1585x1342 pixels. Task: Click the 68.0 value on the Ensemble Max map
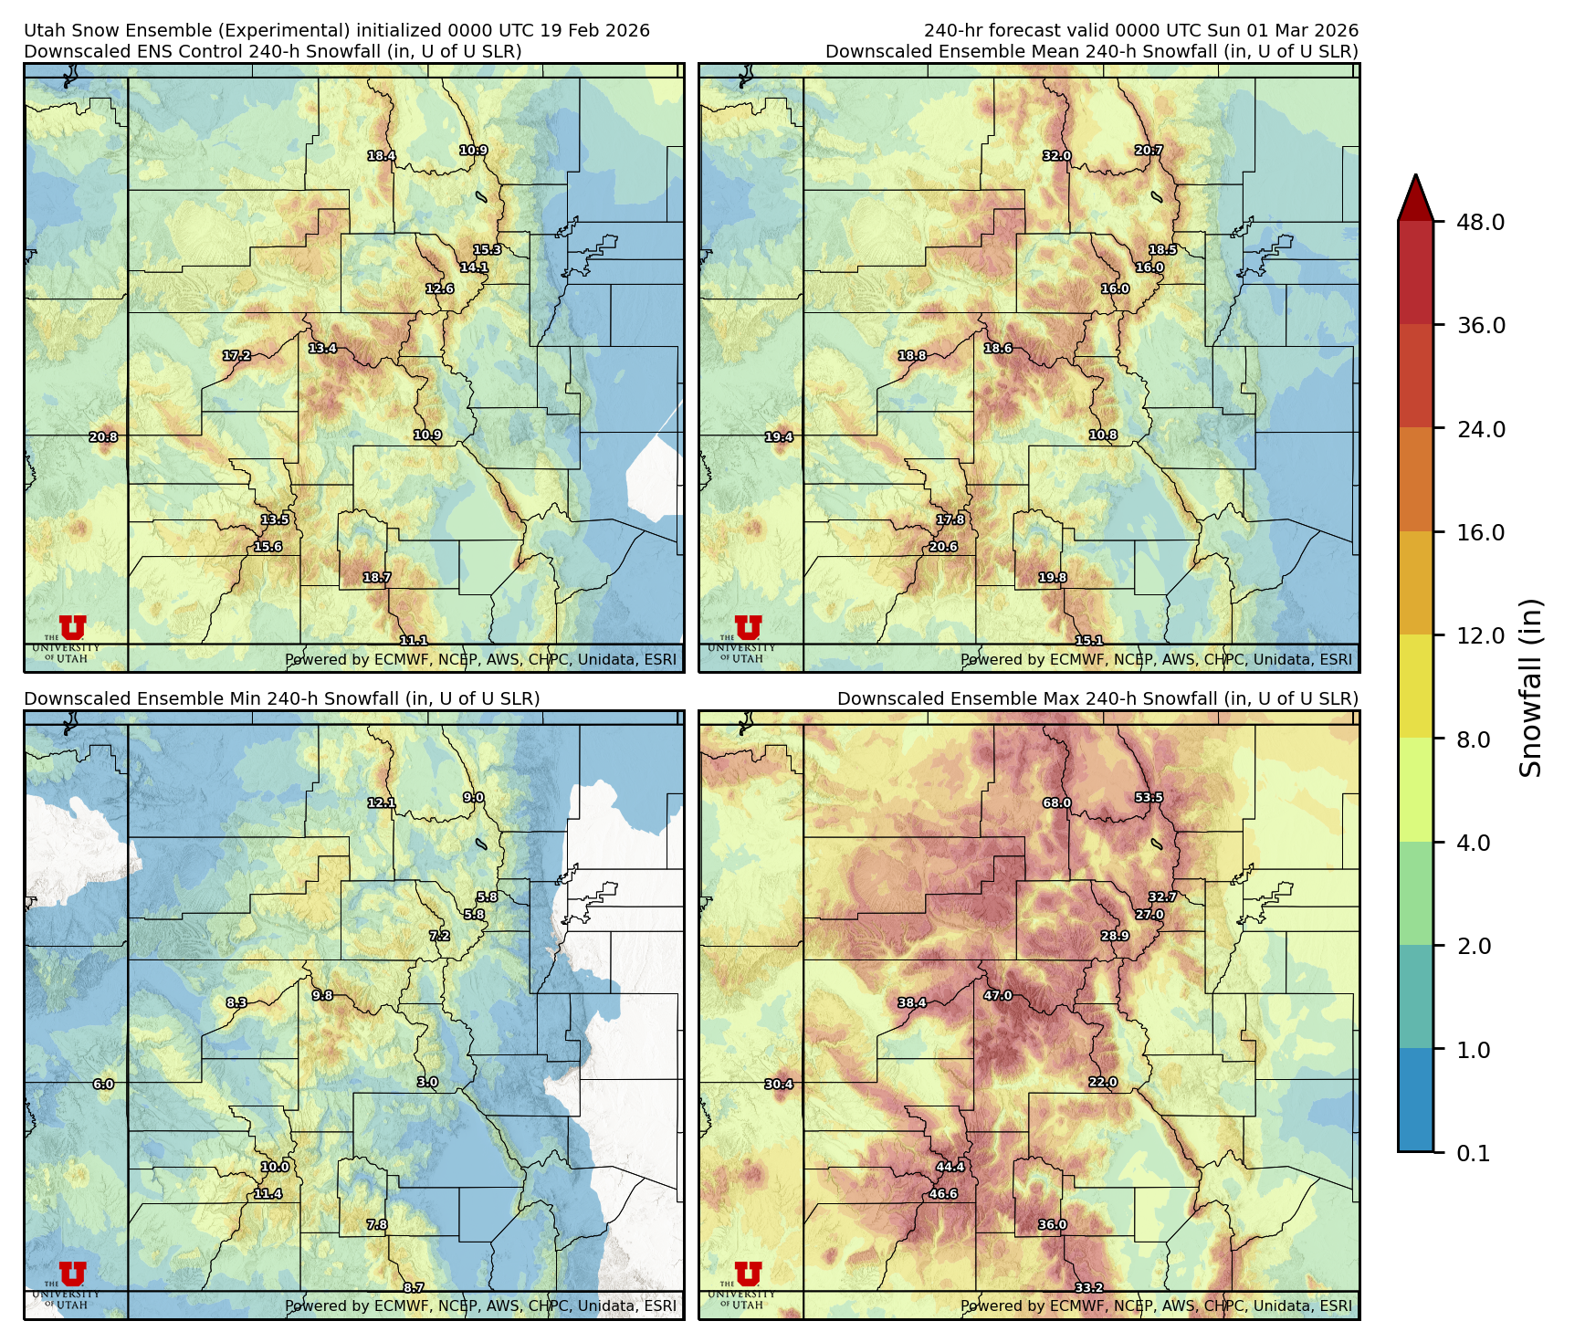point(1056,803)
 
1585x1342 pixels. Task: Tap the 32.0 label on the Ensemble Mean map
point(1056,156)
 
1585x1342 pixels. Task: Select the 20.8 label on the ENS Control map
point(103,437)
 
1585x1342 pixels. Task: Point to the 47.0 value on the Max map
point(998,996)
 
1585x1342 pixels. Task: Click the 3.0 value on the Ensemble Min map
point(427,1083)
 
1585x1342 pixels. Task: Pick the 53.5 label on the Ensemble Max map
point(1149,798)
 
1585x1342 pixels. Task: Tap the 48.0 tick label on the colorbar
point(1480,222)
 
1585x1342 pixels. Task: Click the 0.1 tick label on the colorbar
point(1473,1154)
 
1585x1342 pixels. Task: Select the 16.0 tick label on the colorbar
point(1480,532)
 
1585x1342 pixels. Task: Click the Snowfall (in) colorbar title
point(1530,687)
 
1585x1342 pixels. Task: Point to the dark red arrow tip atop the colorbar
point(1415,194)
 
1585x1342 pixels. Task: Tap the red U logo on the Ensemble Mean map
point(748,628)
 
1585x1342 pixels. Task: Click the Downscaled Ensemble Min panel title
point(281,698)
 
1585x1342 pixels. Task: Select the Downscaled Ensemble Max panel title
point(1097,698)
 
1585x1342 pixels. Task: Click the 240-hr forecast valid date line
point(1140,31)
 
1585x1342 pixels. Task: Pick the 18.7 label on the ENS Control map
point(377,578)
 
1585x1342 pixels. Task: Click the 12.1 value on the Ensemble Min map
point(382,803)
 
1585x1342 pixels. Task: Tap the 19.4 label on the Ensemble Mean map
point(779,437)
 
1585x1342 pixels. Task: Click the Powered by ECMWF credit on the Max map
point(1156,1305)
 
